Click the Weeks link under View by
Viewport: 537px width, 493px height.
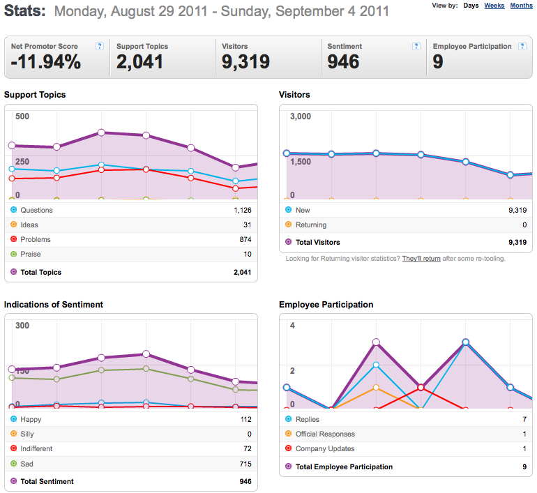coord(494,6)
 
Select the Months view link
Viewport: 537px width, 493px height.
coord(521,6)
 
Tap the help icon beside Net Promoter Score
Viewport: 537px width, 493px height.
coord(100,46)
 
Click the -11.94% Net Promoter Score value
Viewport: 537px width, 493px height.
coord(46,62)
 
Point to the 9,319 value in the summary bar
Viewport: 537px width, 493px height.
coord(246,62)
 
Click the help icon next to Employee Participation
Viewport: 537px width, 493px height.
coord(522,46)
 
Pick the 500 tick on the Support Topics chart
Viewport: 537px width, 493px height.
coord(22,116)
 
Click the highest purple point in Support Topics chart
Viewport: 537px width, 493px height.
coord(101,132)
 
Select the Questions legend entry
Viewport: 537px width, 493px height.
coord(37,210)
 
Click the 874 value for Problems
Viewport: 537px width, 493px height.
coord(245,239)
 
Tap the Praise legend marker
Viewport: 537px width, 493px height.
coord(14,254)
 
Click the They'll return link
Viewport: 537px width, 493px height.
coord(421,259)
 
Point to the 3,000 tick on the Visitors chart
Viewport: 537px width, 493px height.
coord(301,116)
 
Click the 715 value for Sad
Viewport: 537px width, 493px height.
coord(245,464)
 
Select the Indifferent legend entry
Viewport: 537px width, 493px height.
coord(36,448)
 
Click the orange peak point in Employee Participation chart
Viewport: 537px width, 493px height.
coord(376,387)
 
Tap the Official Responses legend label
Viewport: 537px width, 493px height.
coord(326,434)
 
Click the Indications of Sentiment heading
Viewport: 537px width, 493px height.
coord(54,304)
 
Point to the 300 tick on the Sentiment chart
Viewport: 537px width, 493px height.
coord(22,326)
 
